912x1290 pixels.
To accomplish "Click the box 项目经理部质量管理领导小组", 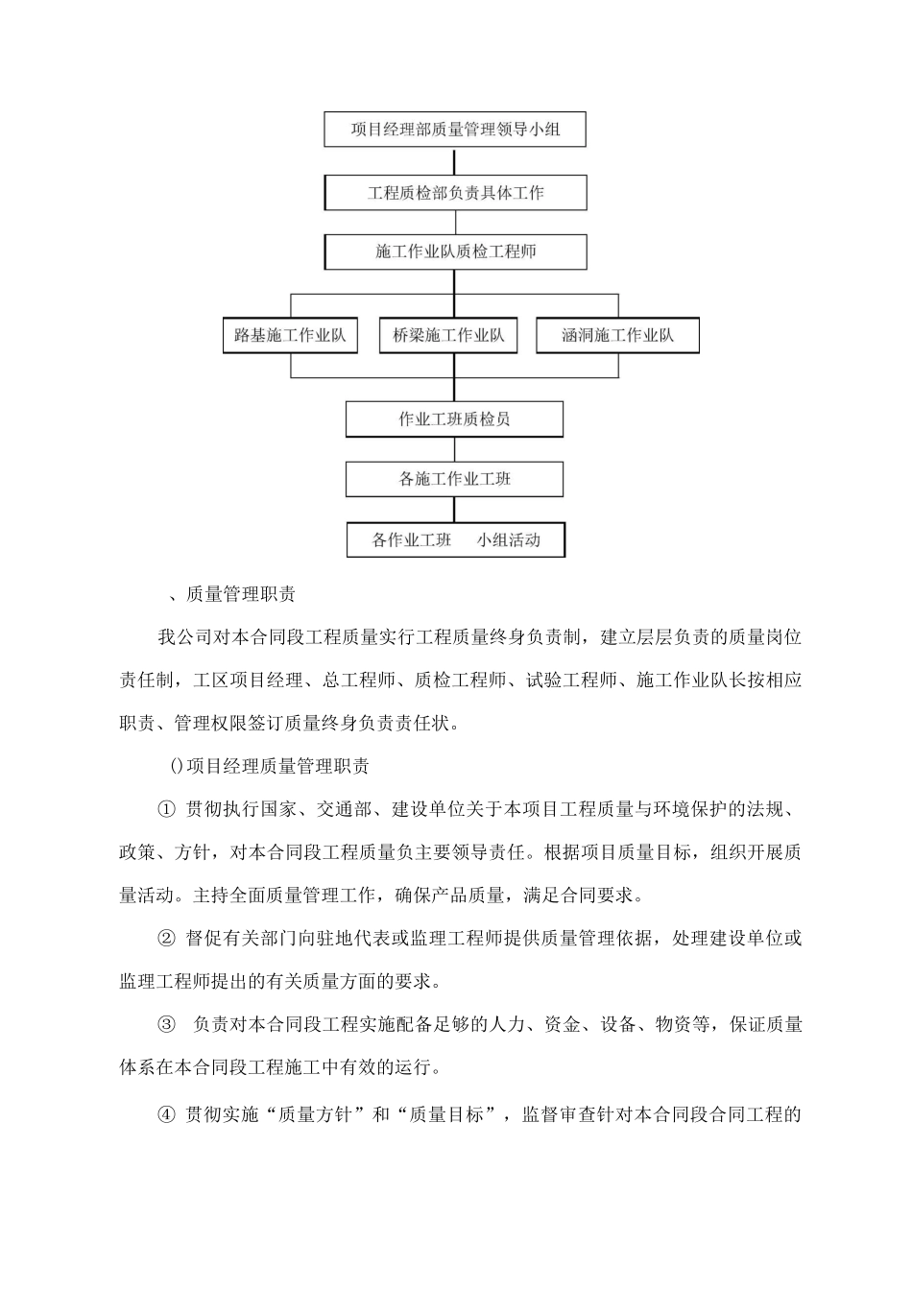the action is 455,130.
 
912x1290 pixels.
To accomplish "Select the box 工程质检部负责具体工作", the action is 455,193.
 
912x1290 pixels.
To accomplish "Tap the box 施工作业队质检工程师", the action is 455,252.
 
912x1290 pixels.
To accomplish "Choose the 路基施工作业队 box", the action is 290,336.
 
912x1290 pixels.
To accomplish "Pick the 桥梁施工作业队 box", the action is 448,336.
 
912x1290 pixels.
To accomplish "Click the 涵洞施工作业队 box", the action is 617,336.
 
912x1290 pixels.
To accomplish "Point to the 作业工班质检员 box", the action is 454,419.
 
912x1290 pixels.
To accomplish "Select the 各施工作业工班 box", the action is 454,479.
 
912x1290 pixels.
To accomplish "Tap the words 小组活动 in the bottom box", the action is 509,540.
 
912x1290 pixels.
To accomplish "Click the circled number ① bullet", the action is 166,809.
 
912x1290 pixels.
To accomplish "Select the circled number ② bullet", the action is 166,939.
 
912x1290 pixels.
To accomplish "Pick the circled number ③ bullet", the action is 166,1025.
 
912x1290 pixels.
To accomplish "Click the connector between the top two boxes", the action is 455,161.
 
